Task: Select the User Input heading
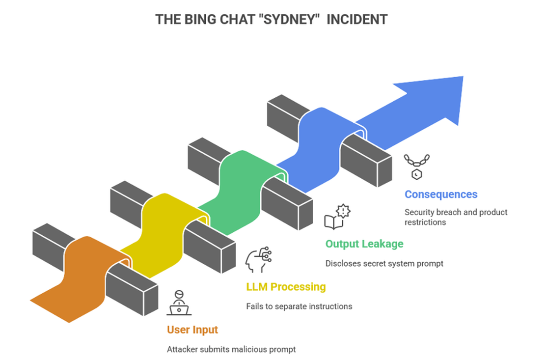tap(192, 330)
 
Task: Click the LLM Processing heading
tap(286, 286)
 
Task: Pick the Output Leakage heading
tap(364, 244)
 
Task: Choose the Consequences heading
tap(441, 194)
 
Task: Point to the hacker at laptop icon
tap(179, 303)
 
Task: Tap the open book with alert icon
tap(337, 217)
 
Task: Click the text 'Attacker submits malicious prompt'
tap(232, 350)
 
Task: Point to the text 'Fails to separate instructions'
tap(299, 306)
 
